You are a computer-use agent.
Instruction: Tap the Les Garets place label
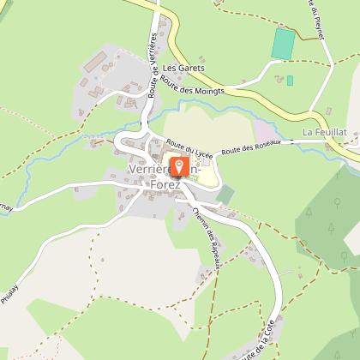click(x=181, y=67)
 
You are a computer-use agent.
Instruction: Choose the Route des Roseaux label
click(x=246, y=148)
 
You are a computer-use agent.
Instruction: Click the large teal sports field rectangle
click(x=284, y=43)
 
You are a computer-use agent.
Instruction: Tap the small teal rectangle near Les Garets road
click(x=290, y=81)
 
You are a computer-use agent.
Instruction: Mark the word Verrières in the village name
click(x=148, y=170)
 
